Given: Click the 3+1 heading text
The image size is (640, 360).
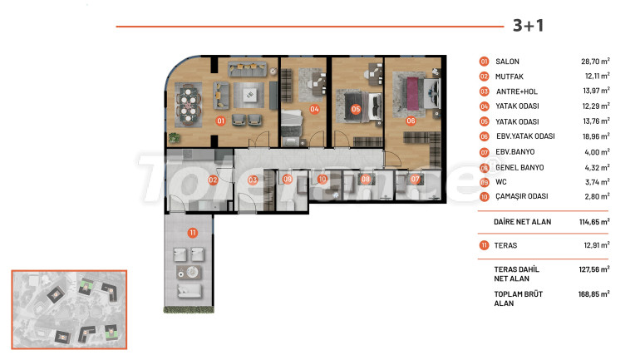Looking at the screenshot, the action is coord(528,25).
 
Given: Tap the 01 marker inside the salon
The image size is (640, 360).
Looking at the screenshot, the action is coord(221,121).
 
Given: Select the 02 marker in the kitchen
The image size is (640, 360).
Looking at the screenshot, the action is coord(213,180).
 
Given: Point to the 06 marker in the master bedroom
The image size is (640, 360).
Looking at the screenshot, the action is coord(411,121).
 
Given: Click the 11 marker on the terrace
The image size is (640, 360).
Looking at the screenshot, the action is coord(193,233).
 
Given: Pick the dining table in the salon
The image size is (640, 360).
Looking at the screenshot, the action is coord(189,105).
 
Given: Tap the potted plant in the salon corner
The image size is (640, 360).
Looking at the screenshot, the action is coord(175,138).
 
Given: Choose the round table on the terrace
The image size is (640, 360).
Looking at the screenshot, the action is coord(192,272).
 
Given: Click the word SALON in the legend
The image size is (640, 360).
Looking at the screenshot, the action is coord(507,62).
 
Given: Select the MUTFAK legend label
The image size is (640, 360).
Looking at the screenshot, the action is coord(509,76).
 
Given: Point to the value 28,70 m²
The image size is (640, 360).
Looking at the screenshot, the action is coord(595,62).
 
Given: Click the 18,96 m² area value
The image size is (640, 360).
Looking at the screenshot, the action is coord(596,136).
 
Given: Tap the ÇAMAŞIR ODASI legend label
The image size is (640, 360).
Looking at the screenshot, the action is coord(522,196).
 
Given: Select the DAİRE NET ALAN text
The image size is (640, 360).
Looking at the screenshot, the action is coord(523,222).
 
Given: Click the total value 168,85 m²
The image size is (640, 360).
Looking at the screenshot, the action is coord(594,293).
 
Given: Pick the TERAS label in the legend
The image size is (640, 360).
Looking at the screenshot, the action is coord(505,245).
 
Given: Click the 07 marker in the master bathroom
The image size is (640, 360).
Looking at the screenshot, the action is coord(415,179).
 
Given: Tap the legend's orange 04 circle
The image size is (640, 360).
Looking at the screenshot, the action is coord(484,106).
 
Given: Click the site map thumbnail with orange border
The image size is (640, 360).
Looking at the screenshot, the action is coord(69,309).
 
